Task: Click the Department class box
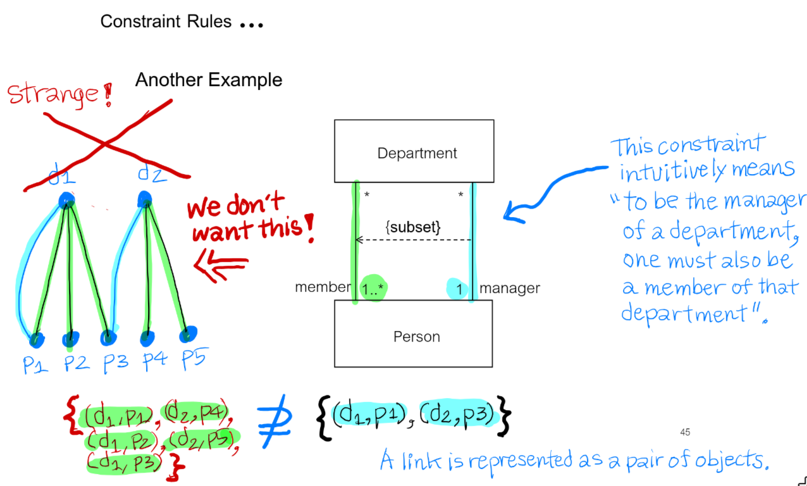click(x=414, y=152)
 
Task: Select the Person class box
click(x=414, y=335)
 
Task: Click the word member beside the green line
click(x=323, y=288)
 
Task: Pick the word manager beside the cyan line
click(x=510, y=289)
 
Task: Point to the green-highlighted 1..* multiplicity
click(x=373, y=289)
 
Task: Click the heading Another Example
click(x=209, y=80)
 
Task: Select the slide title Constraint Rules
click(x=166, y=22)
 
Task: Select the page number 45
click(x=685, y=432)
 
